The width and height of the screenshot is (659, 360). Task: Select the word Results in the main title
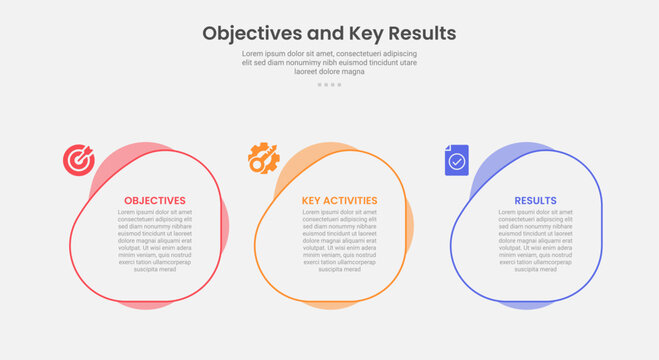421,33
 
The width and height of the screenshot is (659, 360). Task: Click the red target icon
78,159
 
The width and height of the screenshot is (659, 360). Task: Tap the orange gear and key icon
263,159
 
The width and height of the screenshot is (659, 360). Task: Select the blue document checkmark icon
456,160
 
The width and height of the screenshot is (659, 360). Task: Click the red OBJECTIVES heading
155,201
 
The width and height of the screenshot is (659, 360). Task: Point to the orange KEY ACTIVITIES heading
340,201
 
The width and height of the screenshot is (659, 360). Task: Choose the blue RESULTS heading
536,201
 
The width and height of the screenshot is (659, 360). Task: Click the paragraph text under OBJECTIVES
155,241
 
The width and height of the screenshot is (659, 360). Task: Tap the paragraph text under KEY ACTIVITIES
340,241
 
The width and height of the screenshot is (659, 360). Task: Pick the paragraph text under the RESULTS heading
536,241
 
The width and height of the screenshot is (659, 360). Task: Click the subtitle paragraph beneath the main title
329,62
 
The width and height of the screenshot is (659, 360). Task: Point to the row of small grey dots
329,85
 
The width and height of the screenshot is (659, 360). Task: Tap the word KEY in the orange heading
310,201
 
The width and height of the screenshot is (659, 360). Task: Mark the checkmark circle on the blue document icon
457,161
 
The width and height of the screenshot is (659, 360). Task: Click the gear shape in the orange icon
259,154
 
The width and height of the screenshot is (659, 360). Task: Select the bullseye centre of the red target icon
77,160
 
